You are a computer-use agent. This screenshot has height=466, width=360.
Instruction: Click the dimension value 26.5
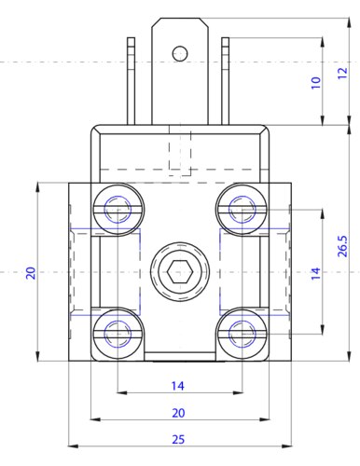342,246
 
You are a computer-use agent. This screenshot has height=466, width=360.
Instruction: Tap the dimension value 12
342,73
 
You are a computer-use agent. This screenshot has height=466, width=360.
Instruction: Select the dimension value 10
315,83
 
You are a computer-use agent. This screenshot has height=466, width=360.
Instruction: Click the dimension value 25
178,439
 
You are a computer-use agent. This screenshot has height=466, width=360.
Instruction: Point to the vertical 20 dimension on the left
31,273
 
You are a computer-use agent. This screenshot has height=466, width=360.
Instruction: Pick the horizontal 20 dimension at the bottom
178,413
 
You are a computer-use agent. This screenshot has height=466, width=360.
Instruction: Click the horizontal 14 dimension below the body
178,386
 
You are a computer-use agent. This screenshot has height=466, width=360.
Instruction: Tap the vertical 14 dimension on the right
315,273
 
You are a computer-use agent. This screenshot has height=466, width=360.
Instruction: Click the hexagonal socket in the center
180,272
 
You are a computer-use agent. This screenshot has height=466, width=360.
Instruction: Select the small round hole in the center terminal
180,53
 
